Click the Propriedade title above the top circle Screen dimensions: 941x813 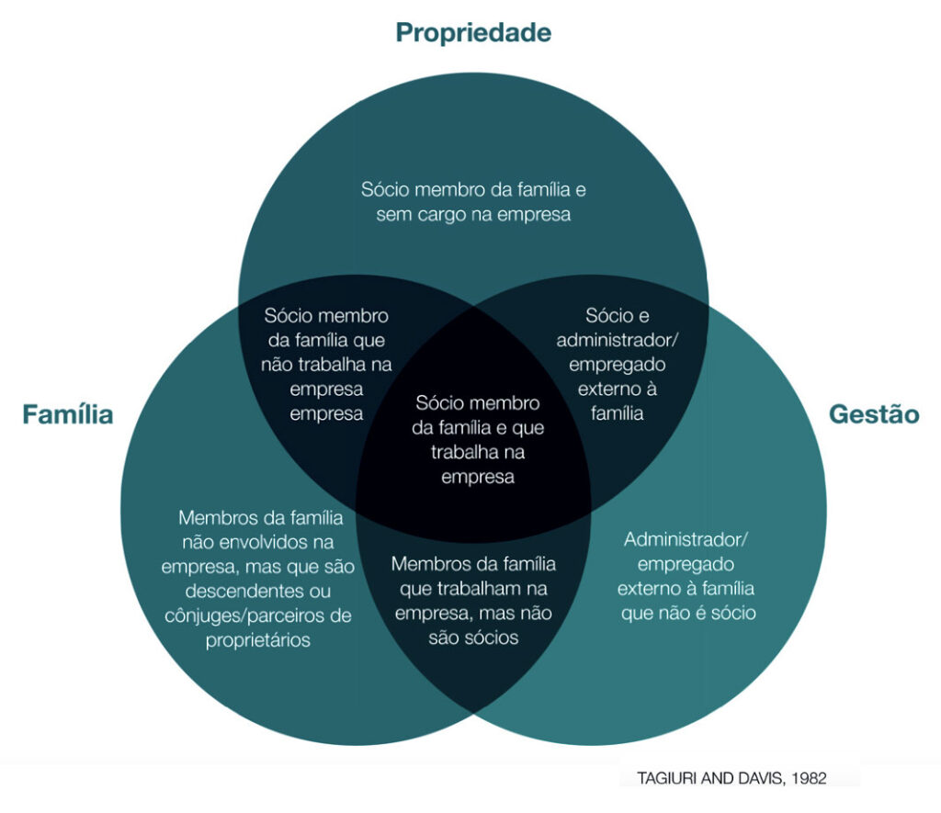click(x=473, y=33)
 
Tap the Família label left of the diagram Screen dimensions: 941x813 click(x=68, y=414)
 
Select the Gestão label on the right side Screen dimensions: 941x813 click(x=874, y=414)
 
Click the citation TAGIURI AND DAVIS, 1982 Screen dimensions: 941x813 click(x=731, y=778)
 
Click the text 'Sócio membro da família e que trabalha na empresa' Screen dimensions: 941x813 click(x=478, y=440)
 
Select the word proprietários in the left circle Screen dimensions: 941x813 click(x=258, y=640)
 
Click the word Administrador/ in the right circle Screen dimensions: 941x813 click(x=686, y=539)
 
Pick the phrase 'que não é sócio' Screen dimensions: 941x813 click(x=688, y=614)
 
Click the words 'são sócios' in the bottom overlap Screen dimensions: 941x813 click(x=473, y=638)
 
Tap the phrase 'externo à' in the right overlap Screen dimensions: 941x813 click(x=617, y=389)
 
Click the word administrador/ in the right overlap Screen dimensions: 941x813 click(x=617, y=340)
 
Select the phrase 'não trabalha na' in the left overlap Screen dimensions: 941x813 click(x=326, y=365)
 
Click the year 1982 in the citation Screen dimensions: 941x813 click(x=809, y=778)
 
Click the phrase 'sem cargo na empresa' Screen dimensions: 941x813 click(x=473, y=215)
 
